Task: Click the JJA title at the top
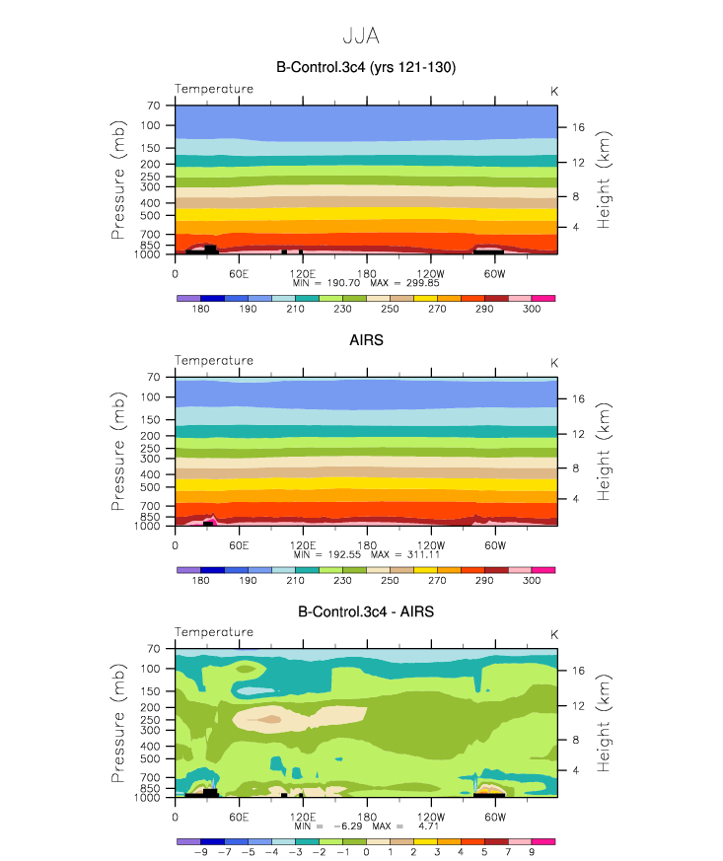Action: click(361, 36)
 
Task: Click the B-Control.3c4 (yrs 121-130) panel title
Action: click(366, 67)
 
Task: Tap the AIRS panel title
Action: click(366, 340)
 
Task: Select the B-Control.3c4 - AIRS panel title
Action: click(366, 611)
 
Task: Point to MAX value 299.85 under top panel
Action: click(423, 283)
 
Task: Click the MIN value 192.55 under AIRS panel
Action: click(344, 554)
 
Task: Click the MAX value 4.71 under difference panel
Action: click(428, 826)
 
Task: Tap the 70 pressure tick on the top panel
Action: click(154, 106)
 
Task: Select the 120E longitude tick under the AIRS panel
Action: click(303, 545)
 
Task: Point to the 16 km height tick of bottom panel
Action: click(579, 671)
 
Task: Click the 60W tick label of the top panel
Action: click(494, 274)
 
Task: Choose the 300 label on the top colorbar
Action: click(532, 309)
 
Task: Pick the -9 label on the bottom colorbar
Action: click(201, 852)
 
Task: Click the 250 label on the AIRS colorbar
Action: click(390, 580)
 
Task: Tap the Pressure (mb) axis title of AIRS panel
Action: click(118, 451)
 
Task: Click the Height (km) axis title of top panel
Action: click(603, 179)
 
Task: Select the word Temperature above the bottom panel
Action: click(214, 632)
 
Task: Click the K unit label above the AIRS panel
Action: click(554, 363)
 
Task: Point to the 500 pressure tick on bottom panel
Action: click(150, 758)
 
